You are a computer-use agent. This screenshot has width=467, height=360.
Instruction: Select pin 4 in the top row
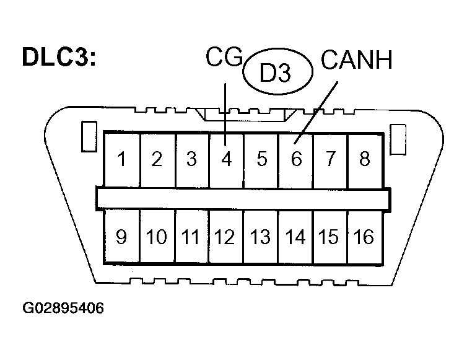click(x=226, y=159)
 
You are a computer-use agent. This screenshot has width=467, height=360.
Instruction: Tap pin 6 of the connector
click(x=295, y=159)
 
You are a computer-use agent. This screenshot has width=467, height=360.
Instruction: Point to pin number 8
click(x=365, y=159)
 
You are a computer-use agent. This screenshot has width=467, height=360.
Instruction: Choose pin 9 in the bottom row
click(x=122, y=237)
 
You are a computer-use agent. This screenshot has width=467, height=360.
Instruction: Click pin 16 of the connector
click(x=365, y=237)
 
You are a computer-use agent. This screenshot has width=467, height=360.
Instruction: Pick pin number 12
click(x=226, y=237)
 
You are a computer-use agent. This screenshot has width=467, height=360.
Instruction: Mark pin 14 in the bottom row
click(x=295, y=237)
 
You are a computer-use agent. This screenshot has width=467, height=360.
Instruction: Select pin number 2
click(x=157, y=159)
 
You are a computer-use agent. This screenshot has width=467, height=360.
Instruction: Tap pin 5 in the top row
click(x=261, y=159)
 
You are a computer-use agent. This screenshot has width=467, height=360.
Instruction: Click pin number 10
click(x=157, y=237)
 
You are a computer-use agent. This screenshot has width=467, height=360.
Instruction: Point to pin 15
click(x=330, y=237)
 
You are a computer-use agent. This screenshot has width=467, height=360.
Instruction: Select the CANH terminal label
click(x=357, y=61)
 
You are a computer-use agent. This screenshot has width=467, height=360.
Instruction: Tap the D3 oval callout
click(x=276, y=73)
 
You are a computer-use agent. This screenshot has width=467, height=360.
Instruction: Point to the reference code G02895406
click(x=63, y=308)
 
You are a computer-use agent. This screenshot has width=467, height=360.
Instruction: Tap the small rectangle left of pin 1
click(x=87, y=136)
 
